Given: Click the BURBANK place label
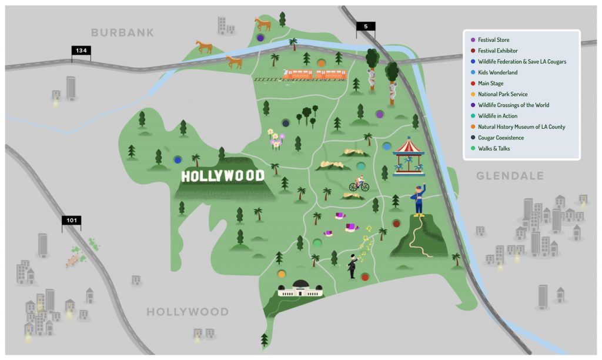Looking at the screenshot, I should point(122,32).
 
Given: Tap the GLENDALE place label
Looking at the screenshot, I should point(510,176).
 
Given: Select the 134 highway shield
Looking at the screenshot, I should point(81,51).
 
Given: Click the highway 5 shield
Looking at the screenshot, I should point(365,26).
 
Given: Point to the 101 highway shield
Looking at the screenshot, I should point(71,221).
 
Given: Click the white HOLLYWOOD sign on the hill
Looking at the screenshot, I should point(222,176).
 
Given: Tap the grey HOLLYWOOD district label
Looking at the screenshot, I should point(187,312).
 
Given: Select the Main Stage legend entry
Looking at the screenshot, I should point(491,84).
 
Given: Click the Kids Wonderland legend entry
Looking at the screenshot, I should point(497,72).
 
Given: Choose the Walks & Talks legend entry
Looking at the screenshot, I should point(494,149).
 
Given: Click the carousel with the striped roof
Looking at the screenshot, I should point(409,156).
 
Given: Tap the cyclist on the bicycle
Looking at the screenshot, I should point(359,185).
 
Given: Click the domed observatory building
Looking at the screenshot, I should point(300,288).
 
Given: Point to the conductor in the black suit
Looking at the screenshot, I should point(352,266).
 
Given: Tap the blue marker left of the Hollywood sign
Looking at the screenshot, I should point(178,159).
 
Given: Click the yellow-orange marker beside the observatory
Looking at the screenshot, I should point(282,274).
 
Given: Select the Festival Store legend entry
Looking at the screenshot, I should point(494,40).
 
